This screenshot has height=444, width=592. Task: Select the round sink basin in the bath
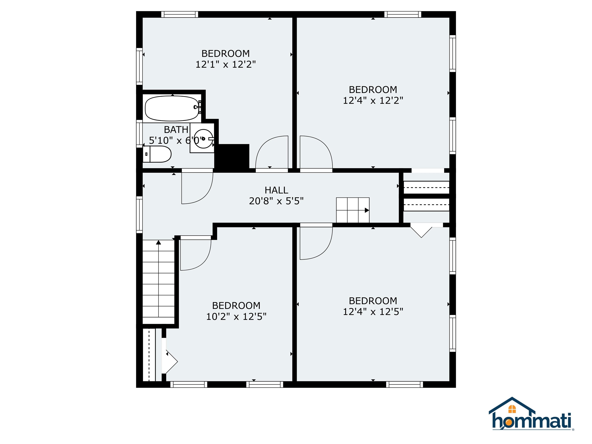click(x=203, y=138)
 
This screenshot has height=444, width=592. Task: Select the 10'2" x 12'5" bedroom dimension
click(x=236, y=317)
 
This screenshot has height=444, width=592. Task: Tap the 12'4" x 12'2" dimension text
click(x=373, y=100)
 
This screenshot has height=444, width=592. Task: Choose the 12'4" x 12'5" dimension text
click(x=373, y=312)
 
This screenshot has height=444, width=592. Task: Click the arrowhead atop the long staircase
click(x=158, y=242)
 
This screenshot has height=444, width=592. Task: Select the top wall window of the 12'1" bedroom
click(x=180, y=14)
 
